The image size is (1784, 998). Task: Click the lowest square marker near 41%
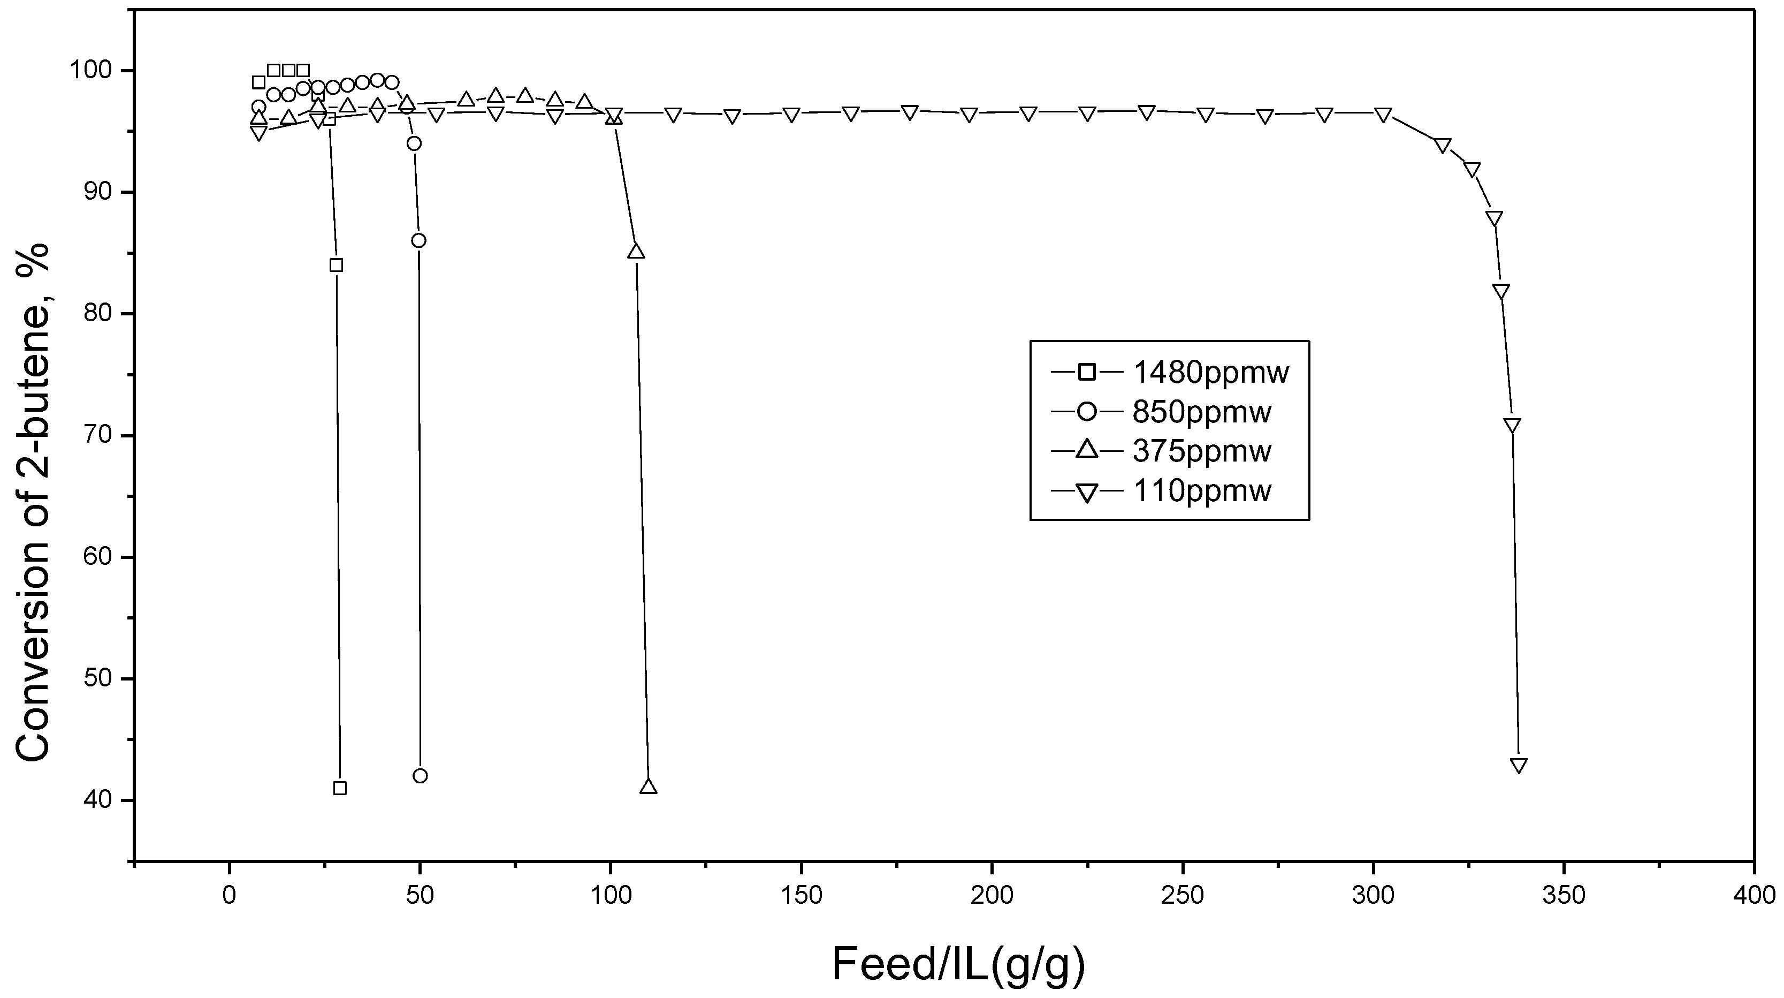point(339,788)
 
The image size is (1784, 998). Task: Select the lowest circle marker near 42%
point(420,775)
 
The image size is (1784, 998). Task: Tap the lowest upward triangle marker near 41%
point(648,787)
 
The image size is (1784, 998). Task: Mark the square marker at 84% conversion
point(336,264)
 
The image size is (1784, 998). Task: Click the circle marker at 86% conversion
point(418,240)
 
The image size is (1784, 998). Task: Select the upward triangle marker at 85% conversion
point(636,252)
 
